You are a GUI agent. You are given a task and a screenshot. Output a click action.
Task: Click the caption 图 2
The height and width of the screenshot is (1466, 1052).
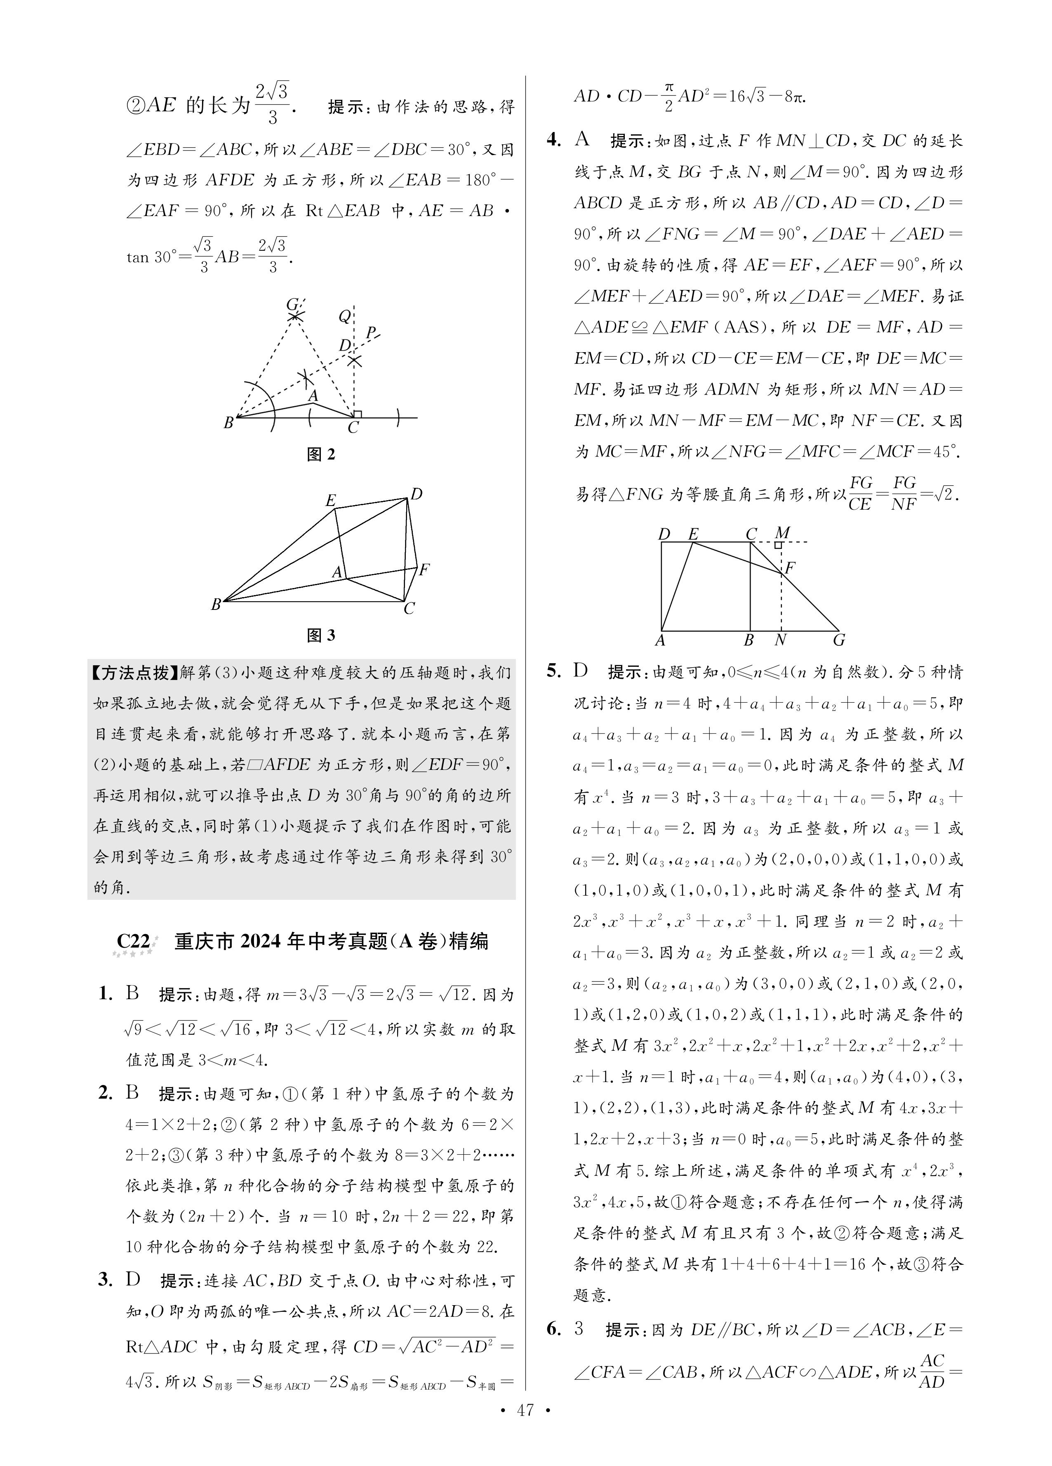[x=321, y=454]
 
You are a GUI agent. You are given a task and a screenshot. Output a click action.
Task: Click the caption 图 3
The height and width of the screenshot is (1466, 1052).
[x=321, y=635]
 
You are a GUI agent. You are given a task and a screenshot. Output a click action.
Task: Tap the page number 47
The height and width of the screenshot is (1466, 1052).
[x=525, y=1441]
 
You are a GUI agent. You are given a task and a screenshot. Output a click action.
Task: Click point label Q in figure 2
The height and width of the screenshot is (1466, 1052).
[x=345, y=316]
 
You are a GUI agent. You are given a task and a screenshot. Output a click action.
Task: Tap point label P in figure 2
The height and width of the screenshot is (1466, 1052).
[x=371, y=332]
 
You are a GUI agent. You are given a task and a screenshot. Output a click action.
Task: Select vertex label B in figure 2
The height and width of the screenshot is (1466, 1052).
[x=228, y=424]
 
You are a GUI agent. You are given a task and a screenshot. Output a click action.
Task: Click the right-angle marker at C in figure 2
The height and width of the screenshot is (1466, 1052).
[x=358, y=414]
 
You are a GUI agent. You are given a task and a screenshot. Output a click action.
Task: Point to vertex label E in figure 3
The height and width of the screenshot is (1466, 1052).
[x=330, y=500]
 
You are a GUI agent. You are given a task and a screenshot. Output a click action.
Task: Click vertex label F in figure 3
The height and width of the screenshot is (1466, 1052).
[x=424, y=569]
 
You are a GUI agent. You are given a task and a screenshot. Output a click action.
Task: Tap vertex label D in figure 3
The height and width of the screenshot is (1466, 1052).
[x=417, y=494]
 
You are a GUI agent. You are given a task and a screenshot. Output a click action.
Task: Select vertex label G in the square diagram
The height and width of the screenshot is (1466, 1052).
[x=839, y=640]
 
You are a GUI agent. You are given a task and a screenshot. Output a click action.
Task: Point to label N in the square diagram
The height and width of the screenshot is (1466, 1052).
[x=780, y=640]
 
